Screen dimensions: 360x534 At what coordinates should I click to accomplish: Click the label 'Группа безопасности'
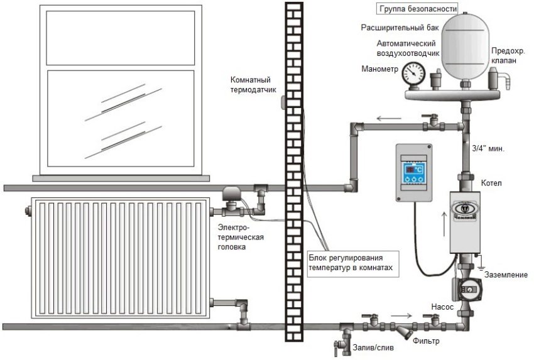tap(417, 9)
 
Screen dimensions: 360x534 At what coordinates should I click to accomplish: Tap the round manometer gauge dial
tap(413, 74)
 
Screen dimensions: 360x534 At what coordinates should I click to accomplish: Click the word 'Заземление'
tap(506, 275)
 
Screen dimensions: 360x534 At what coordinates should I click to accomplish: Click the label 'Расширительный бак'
tap(396, 28)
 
